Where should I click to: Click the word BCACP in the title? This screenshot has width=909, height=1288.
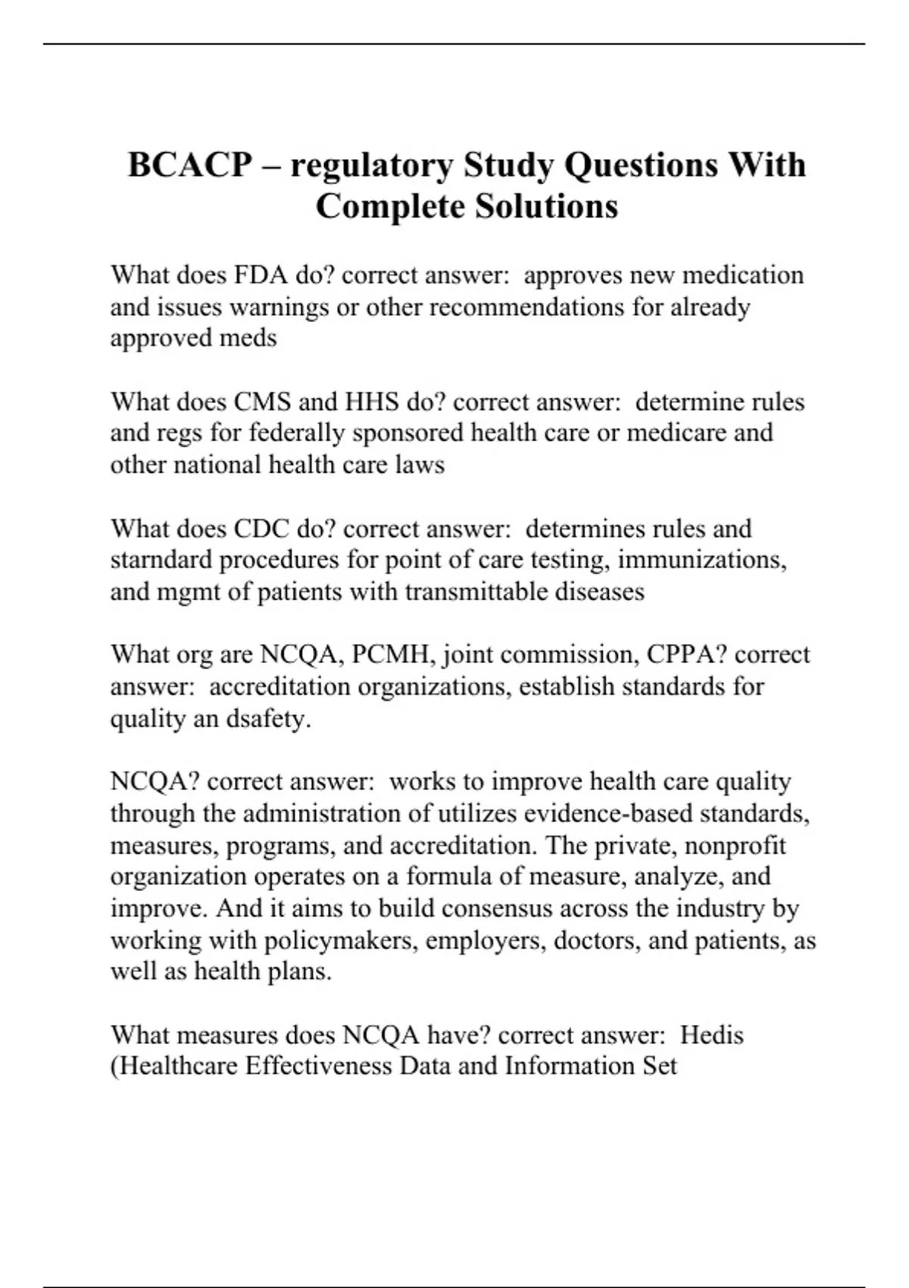[190, 165]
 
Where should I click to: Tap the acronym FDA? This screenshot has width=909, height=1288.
[261, 274]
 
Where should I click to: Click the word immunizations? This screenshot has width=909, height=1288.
[702, 560]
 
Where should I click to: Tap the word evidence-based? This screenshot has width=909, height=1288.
[608, 814]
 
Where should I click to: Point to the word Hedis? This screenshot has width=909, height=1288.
[711, 1035]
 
